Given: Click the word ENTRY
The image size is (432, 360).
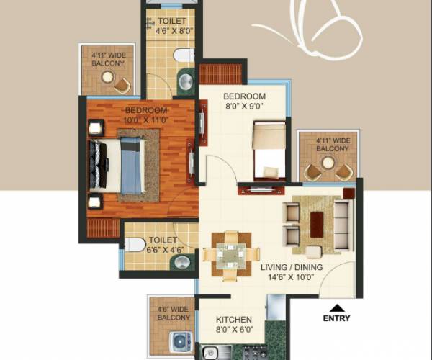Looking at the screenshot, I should click(338, 318).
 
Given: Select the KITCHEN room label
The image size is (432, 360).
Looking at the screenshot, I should click(235, 320).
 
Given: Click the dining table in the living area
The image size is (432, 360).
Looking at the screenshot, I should click(230, 254).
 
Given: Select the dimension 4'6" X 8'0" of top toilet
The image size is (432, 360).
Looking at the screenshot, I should click(175, 32).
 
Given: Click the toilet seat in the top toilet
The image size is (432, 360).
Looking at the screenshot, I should click(185, 55).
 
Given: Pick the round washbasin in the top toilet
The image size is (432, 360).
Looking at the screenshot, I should click(186, 80).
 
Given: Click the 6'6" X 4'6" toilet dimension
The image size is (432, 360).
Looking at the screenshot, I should click(166, 251).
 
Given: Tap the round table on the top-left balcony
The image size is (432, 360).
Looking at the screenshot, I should click(108, 77).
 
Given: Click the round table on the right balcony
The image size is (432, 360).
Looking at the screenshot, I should click(328, 163).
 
